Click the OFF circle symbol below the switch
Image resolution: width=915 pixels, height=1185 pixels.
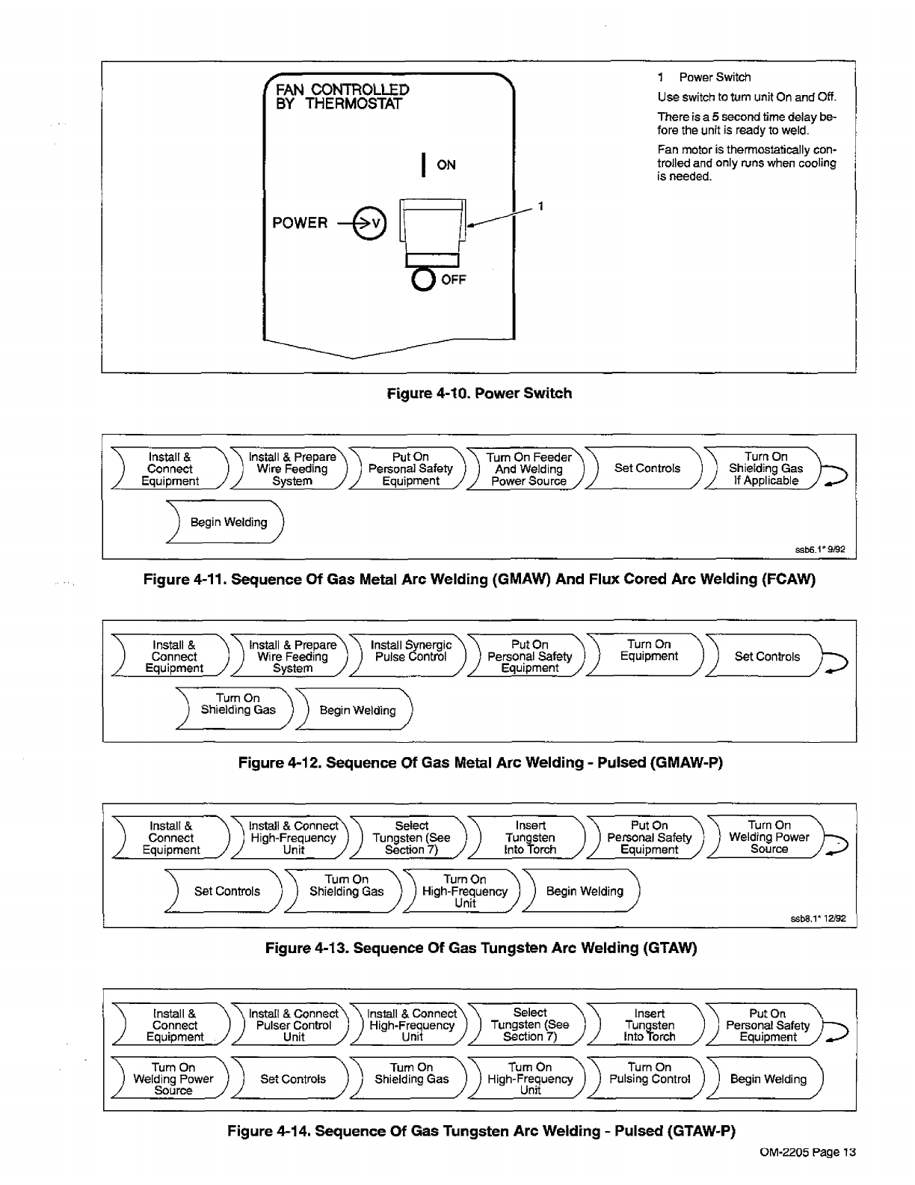423,280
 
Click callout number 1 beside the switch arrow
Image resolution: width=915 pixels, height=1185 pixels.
540,206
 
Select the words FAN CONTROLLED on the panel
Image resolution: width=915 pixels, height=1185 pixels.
342,90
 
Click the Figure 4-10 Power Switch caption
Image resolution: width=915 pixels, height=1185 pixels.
479,394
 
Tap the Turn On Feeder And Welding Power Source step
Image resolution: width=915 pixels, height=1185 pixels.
529,469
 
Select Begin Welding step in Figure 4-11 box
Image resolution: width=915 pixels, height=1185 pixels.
228,522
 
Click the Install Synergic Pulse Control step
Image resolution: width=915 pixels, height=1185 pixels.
410,651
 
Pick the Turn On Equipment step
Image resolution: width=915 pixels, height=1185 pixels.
648,650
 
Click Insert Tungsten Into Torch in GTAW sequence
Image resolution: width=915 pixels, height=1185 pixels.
530,838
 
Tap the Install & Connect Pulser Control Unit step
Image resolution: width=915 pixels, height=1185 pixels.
293,1026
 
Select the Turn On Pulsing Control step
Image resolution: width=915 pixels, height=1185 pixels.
649,1074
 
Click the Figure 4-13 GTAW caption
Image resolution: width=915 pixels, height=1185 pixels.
481,949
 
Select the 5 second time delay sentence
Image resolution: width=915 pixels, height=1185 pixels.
746,123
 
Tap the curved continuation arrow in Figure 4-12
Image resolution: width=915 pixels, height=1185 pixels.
834,661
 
